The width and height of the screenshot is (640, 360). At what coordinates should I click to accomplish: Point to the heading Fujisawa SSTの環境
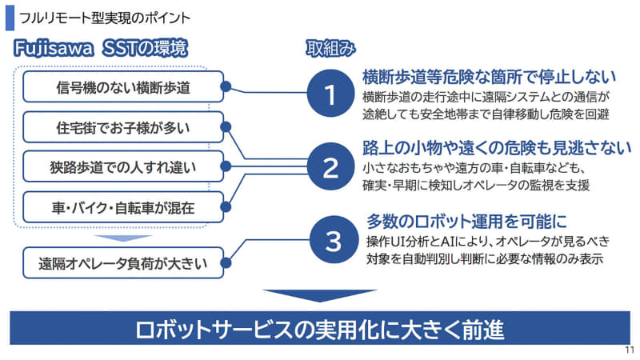(101, 48)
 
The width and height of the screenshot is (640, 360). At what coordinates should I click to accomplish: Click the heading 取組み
(330, 48)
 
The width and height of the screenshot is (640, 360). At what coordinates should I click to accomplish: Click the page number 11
(628, 350)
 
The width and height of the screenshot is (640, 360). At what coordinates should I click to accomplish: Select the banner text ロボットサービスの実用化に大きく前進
(319, 329)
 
